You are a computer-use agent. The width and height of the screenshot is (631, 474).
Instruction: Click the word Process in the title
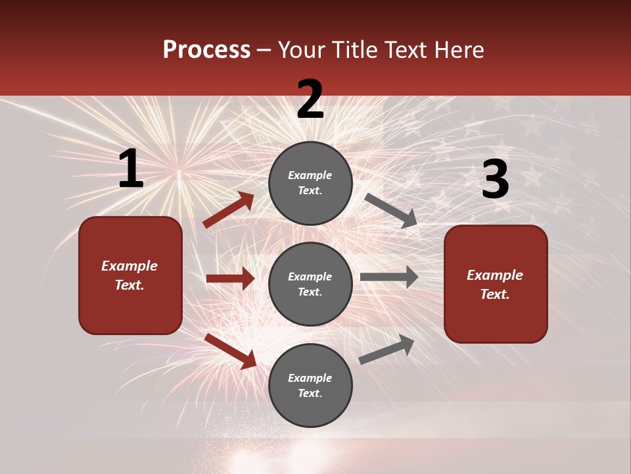coord(206,49)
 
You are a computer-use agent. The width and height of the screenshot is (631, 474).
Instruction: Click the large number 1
coord(131,169)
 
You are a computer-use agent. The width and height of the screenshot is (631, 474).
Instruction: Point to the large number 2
coord(310,99)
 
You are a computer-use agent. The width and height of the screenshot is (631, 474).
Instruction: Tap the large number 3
coord(495,180)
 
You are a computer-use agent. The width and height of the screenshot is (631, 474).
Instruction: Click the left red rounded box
coord(130,275)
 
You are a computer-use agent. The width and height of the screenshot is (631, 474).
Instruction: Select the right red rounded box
coord(496,284)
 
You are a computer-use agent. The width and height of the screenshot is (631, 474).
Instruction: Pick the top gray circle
coord(310,183)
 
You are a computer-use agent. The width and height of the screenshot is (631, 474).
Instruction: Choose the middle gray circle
coord(310,284)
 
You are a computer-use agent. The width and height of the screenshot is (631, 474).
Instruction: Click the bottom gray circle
coord(310,385)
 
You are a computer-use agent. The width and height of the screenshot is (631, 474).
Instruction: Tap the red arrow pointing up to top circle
coord(228,210)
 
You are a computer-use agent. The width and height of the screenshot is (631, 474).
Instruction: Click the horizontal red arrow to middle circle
coord(230,278)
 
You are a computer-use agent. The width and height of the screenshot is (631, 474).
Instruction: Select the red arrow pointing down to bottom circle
coord(230,351)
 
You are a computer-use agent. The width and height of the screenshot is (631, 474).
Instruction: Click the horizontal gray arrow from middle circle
coord(388,277)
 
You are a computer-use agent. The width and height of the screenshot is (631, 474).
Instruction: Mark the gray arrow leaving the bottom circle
coord(386,349)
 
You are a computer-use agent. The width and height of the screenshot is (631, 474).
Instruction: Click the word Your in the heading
coord(303,49)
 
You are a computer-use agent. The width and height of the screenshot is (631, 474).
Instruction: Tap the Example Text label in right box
coord(495,284)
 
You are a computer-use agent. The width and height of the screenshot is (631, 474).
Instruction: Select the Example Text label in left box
coord(129,275)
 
